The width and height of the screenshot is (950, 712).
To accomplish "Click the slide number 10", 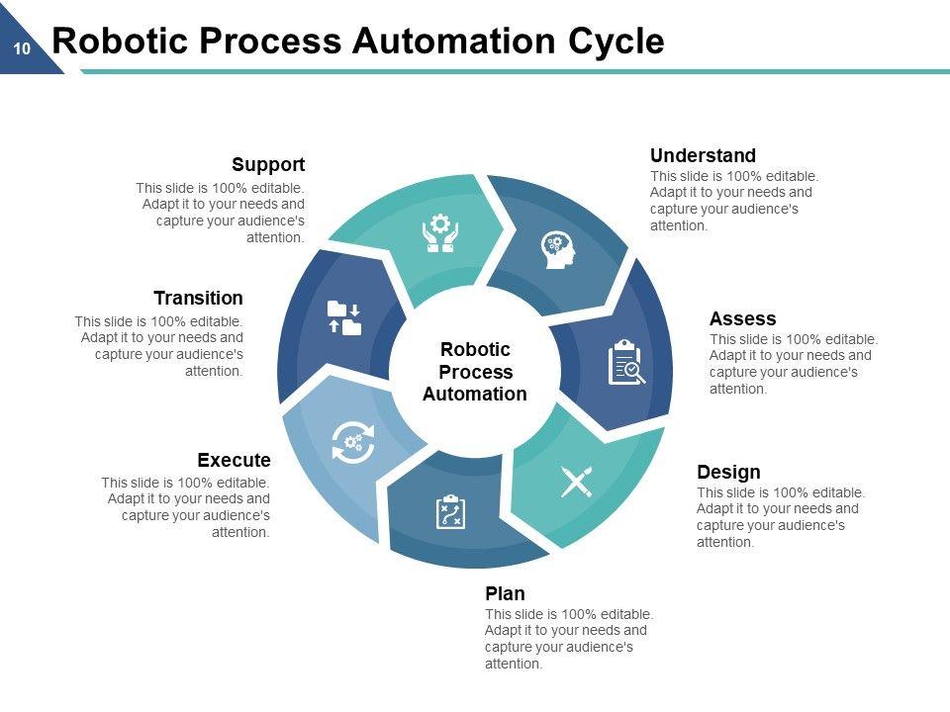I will [x=22, y=47].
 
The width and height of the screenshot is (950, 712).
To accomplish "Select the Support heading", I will [x=268, y=164].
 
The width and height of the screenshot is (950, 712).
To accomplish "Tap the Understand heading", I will [x=703, y=155].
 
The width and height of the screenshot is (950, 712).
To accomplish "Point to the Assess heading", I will [x=742, y=318].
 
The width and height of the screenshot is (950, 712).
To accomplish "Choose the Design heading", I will [x=728, y=472].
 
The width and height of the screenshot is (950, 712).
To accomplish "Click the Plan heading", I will [x=505, y=593].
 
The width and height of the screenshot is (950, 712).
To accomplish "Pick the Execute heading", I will [x=234, y=460].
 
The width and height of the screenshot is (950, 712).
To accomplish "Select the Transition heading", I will [x=198, y=298].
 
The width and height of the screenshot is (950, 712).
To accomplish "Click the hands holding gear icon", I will [x=440, y=233].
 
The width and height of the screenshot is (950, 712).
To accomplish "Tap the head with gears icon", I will [x=557, y=249].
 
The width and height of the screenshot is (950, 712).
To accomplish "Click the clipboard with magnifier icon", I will [x=625, y=362].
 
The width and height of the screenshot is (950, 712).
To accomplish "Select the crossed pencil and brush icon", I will [x=576, y=482].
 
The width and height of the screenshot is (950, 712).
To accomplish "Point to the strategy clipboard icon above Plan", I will [x=450, y=512].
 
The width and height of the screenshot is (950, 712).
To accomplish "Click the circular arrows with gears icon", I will [x=353, y=442].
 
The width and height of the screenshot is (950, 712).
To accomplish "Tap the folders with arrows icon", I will [x=343, y=318].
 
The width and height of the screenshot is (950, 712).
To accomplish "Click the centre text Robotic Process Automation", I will [x=475, y=372].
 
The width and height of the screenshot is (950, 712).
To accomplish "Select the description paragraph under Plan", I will [x=569, y=639].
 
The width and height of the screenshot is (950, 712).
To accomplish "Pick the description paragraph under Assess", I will [x=794, y=364].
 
